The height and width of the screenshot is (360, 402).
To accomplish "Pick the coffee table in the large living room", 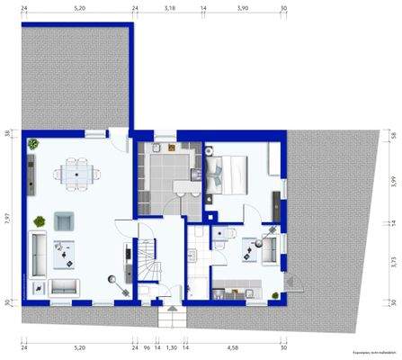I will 66,253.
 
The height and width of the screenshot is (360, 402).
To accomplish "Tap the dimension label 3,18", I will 169,7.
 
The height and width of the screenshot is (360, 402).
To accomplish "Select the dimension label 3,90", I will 242,7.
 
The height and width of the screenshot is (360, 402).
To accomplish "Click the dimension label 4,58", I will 232,346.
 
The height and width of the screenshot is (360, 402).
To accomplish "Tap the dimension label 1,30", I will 172,346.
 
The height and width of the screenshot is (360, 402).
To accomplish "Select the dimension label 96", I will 147,346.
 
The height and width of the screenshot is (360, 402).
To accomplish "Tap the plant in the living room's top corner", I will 33,143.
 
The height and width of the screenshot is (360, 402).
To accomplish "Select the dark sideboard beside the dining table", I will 31,171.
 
